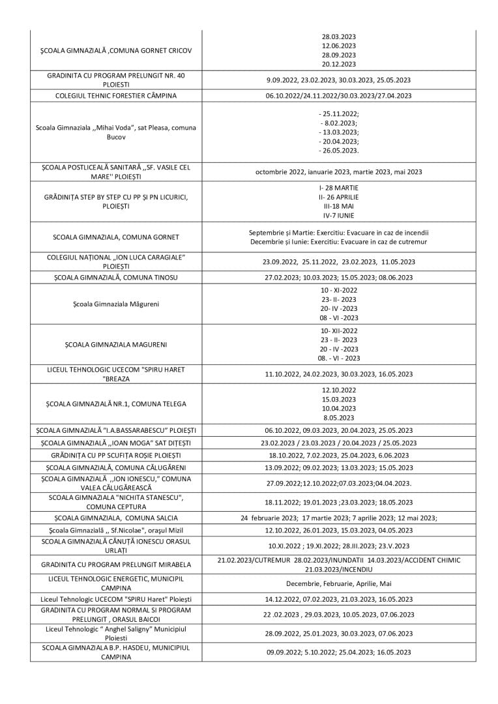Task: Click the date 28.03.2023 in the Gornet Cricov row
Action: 338,37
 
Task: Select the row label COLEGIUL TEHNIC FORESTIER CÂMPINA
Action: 116,96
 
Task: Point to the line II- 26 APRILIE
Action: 338,197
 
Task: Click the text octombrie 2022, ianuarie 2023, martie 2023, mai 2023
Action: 338,172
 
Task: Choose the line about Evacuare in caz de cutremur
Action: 338,242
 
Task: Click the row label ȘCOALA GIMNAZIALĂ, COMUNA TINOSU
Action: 116,278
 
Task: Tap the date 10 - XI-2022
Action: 338,289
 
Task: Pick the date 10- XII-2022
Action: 338,330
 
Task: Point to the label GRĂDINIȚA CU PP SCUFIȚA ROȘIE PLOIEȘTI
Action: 116,455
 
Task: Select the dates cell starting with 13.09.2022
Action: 338,468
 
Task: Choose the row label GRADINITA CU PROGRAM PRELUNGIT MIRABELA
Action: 116,564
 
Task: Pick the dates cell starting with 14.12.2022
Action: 338,599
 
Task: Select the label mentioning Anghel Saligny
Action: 116,633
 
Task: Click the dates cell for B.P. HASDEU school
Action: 338,652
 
